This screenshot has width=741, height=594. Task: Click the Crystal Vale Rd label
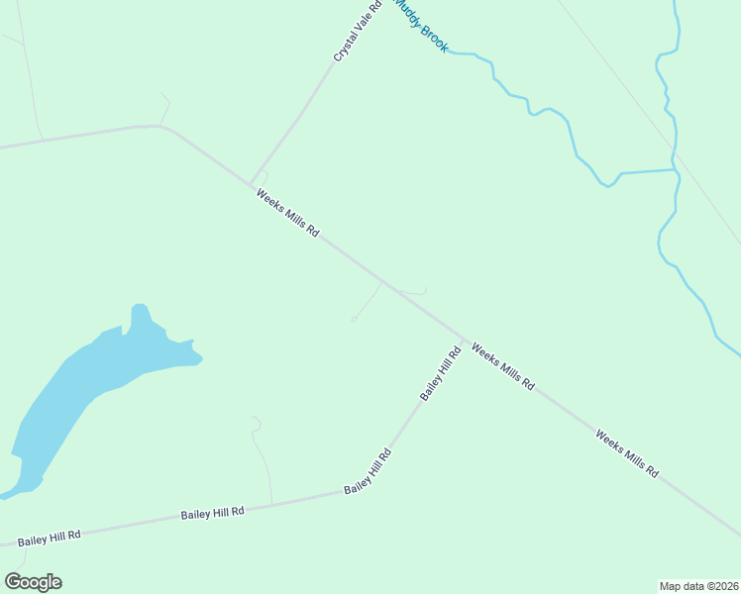tap(358, 32)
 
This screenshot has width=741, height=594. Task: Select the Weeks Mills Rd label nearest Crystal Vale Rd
tap(287, 213)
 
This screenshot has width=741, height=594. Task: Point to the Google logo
tap(33, 582)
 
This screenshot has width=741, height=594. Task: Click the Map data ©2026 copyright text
tap(698, 586)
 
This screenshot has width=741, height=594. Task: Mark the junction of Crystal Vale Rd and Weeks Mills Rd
tap(251, 183)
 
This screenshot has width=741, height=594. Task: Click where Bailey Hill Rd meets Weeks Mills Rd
tap(463, 340)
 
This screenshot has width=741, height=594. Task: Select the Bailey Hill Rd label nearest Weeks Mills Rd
tap(441, 373)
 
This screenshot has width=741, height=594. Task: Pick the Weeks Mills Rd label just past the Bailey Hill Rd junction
tap(503, 366)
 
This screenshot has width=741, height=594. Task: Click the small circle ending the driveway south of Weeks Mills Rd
tap(354, 319)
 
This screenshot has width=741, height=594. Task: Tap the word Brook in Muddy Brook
tap(434, 39)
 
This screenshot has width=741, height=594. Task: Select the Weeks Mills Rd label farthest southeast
tap(627, 453)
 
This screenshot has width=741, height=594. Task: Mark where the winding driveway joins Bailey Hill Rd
tap(272, 504)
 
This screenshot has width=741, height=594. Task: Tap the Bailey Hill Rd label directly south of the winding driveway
tap(213, 513)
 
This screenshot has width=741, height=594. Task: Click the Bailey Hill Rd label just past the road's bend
tap(368, 472)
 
